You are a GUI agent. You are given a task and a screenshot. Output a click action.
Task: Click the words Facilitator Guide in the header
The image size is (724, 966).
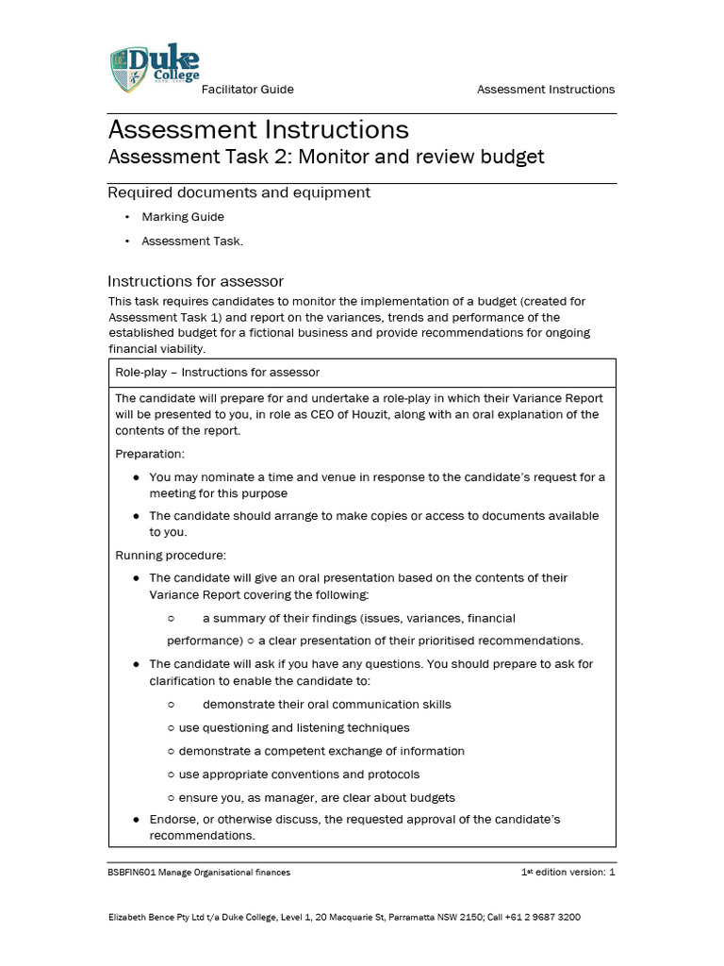(248, 90)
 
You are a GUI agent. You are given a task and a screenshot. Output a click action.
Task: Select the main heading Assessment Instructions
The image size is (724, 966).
(258, 129)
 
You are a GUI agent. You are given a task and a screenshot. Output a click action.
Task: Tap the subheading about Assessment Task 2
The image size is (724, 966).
(326, 157)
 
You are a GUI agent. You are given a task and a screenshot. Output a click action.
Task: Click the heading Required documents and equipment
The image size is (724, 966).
(239, 192)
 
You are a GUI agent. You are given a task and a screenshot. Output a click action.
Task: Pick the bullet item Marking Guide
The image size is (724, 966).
(183, 217)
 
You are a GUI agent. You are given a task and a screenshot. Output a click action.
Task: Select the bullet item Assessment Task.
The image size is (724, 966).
(192, 241)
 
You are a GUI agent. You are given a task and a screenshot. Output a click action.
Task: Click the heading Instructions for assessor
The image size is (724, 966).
(195, 281)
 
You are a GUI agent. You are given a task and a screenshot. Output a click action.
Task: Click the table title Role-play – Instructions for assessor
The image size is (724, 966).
(217, 373)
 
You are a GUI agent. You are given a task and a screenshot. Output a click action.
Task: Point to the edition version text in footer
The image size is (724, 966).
(568, 873)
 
